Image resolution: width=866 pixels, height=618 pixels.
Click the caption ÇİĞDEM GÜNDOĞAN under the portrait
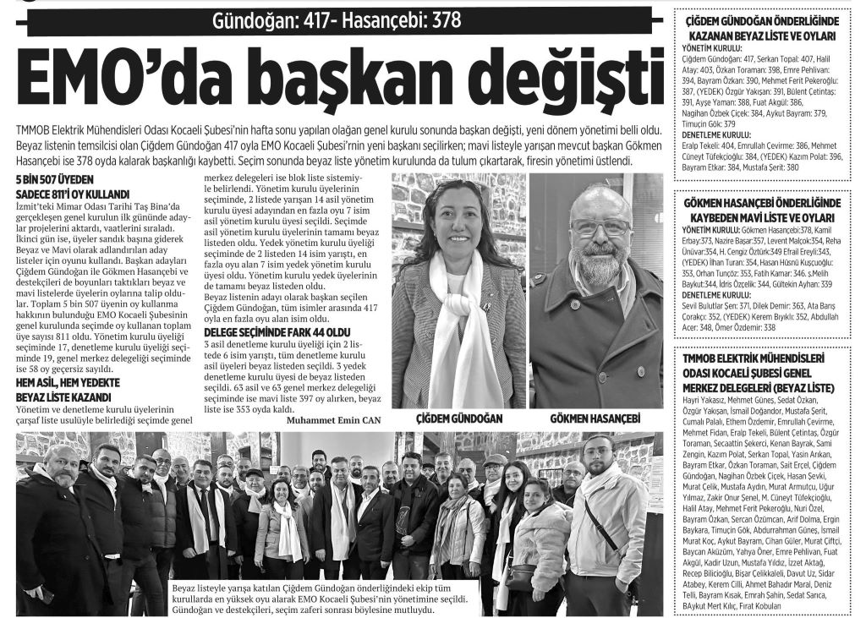[x=459, y=418]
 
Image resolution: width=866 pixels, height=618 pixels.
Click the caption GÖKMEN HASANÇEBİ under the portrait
[x=595, y=418]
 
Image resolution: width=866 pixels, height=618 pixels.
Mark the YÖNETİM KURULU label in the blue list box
[x=711, y=229]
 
